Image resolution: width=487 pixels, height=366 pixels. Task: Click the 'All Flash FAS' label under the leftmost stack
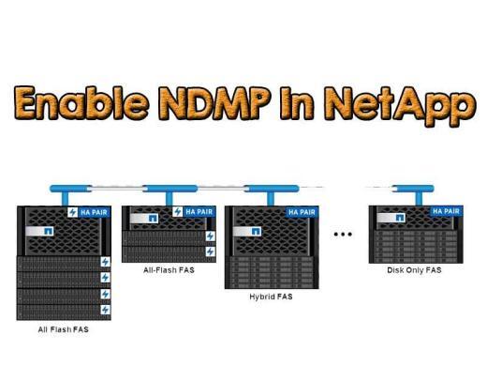click(63, 329)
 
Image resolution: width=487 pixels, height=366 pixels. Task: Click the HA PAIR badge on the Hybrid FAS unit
click(302, 212)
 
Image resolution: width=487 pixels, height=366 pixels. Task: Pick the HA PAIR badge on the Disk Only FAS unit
click(442, 212)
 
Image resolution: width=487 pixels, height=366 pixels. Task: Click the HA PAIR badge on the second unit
click(199, 212)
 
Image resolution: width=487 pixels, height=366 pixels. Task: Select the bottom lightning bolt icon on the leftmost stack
click(105, 309)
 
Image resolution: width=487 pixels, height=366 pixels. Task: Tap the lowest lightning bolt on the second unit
click(209, 252)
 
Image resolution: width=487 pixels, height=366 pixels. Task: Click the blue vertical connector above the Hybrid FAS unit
click(271, 194)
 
